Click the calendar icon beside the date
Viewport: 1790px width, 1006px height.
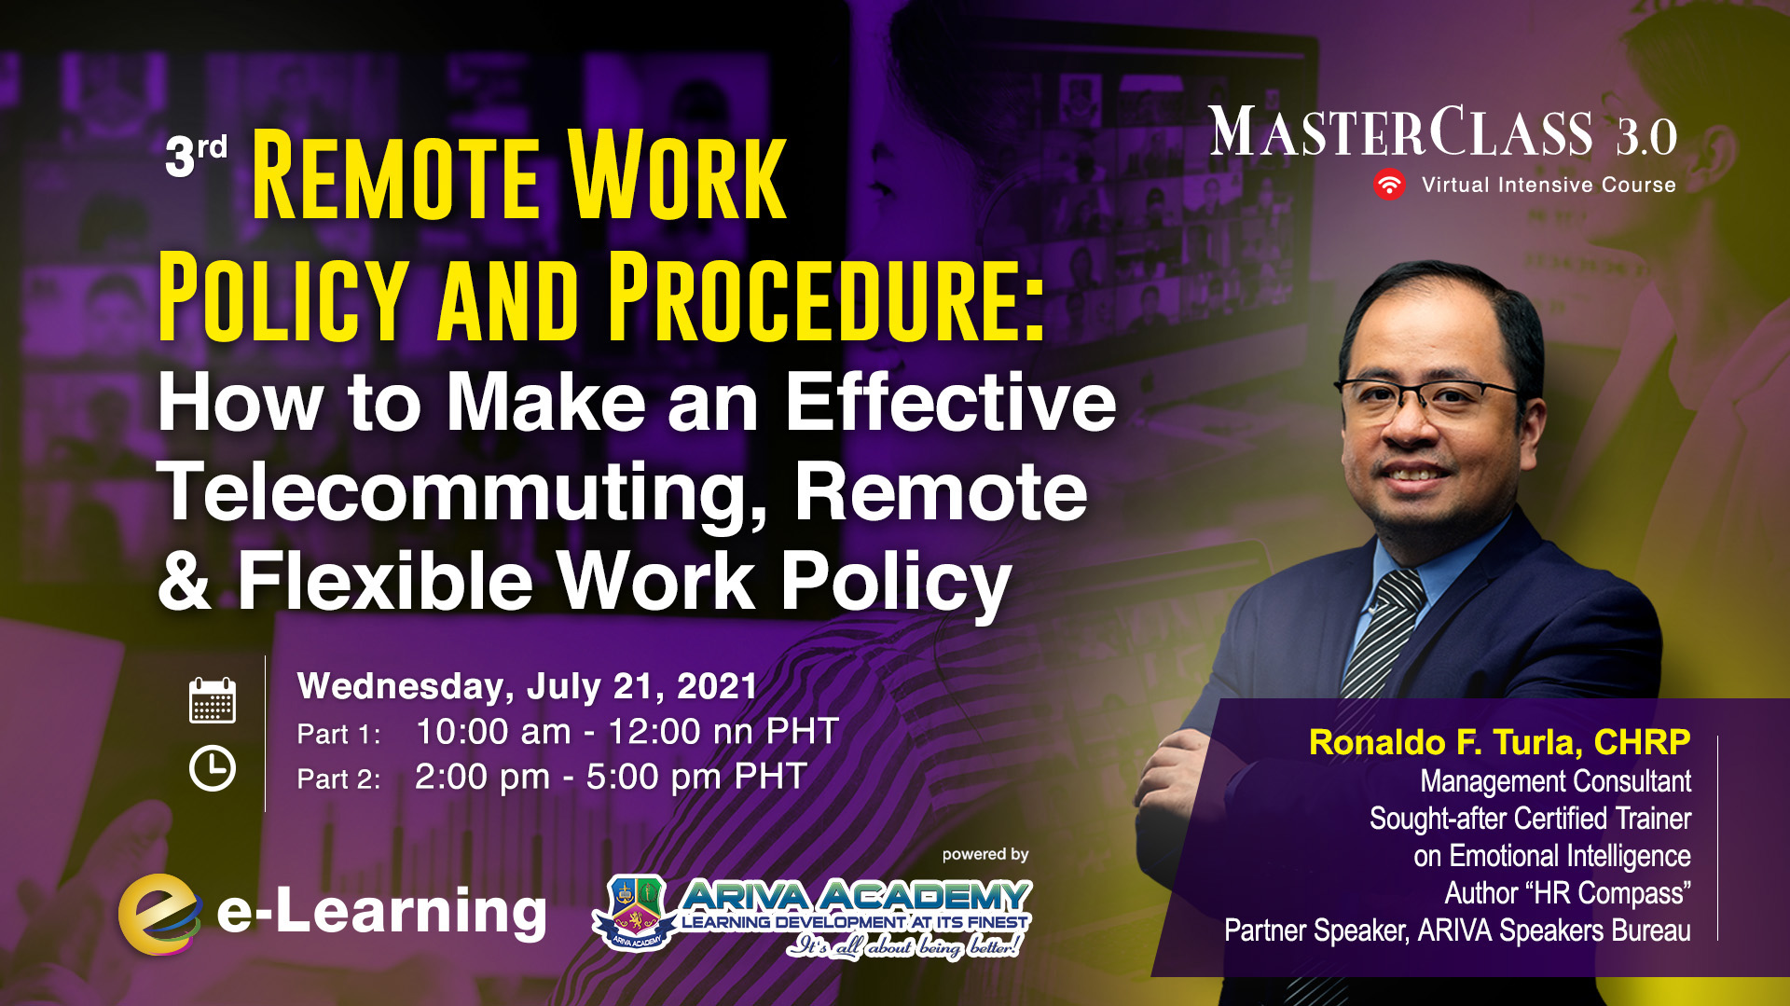coord(213,700)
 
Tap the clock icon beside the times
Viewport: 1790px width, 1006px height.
coord(213,768)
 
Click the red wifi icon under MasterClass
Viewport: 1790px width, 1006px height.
coord(1389,185)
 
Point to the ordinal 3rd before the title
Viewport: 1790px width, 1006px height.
coord(196,155)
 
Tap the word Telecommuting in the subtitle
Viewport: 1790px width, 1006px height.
coord(462,494)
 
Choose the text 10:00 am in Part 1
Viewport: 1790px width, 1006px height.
coord(493,732)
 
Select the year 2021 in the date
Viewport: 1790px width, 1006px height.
coord(716,686)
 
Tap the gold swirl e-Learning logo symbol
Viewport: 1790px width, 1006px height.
coord(159,914)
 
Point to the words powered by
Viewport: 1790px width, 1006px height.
coord(985,854)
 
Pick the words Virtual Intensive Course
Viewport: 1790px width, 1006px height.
coord(1549,185)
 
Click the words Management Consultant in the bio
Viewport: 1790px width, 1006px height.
coord(1555,781)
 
